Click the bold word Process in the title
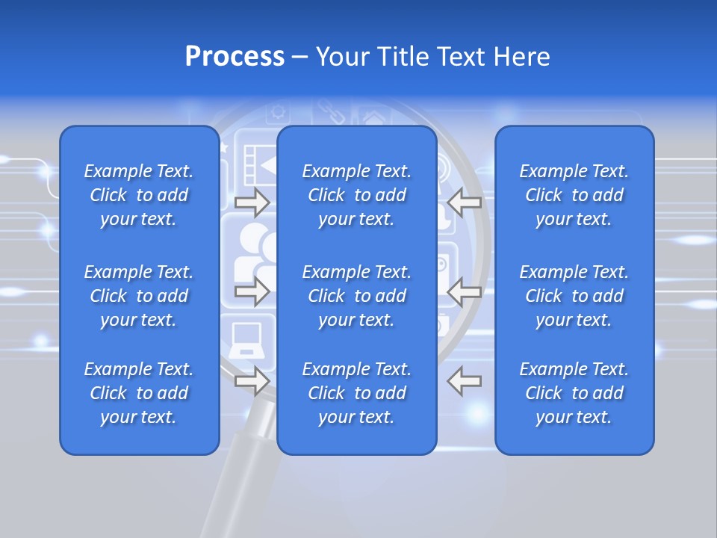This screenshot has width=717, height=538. click(x=235, y=57)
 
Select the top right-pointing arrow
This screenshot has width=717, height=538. click(x=252, y=202)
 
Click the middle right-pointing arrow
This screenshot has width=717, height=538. click(x=252, y=291)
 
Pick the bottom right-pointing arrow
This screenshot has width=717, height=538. click(x=252, y=381)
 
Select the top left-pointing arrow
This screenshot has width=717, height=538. click(x=465, y=202)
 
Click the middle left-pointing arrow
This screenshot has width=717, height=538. click(x=465, y=291)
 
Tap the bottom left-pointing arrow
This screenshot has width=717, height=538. click(x=465, y=381)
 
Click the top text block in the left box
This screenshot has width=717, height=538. click(x=139, y=195)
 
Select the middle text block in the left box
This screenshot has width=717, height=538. click(x=139, y=296)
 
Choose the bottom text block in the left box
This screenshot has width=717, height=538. click(x=139, y=393)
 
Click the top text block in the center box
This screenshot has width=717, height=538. click(x=356, y=195)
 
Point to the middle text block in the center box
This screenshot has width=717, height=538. click(x=356, y=296)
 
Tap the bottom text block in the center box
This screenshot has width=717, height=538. click(x=356, y=393)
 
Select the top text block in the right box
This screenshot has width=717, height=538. click(x=574, y=195)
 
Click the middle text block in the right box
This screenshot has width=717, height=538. click(x=574, y=296)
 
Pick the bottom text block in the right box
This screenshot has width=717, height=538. click(x=574, y=393)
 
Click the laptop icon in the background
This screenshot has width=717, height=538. click(x=246, y=341)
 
